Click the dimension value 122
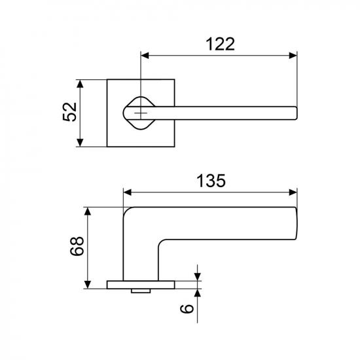click(221, 44)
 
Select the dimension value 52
click(69, 112)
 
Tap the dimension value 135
click(211, 181)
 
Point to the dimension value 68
click(77, 246)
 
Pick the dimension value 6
click(187, 308)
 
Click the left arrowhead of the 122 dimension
click(145, 56)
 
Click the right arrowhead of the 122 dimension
click(293, 56)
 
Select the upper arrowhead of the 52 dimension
click(80, 84)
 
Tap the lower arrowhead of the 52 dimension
click(80, 143)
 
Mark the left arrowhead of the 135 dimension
click(128, 192)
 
